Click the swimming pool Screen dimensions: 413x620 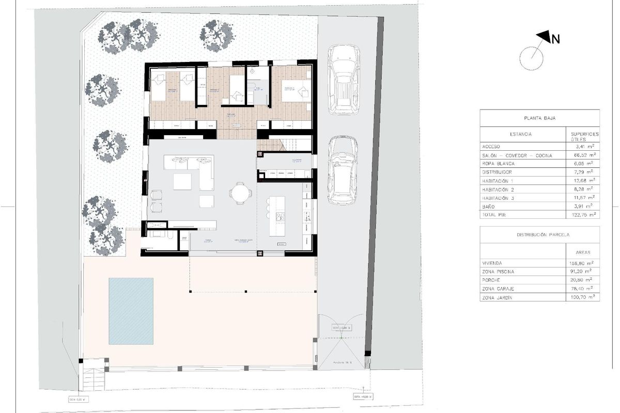pyautogui.click(x=131, y=311)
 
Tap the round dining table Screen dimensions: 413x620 pyautogui.click(x=240, y=194)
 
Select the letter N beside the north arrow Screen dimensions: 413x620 pyautogui.click(x=556, y=39)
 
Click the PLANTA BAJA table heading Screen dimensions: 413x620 pyautogui.click(x=539, y=117)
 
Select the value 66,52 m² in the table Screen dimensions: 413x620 pyautogui.click(x=582, y=155)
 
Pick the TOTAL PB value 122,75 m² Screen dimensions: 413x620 pyautogui.click(x=582, y=214)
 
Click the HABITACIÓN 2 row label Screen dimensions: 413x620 pyautogui.click(x=499, y=188)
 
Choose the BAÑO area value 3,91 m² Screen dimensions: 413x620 pyautogui.click(x=582, y=205)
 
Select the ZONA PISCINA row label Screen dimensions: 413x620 pyautogui.click(x=497, y=271)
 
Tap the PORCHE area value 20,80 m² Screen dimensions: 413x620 pyautogui.click(x=582, y=280)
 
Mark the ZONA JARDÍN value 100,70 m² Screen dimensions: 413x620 pyautogui.click(x=582, y=297)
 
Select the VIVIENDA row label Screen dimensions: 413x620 pyautogui.click(x=491, y=263)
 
